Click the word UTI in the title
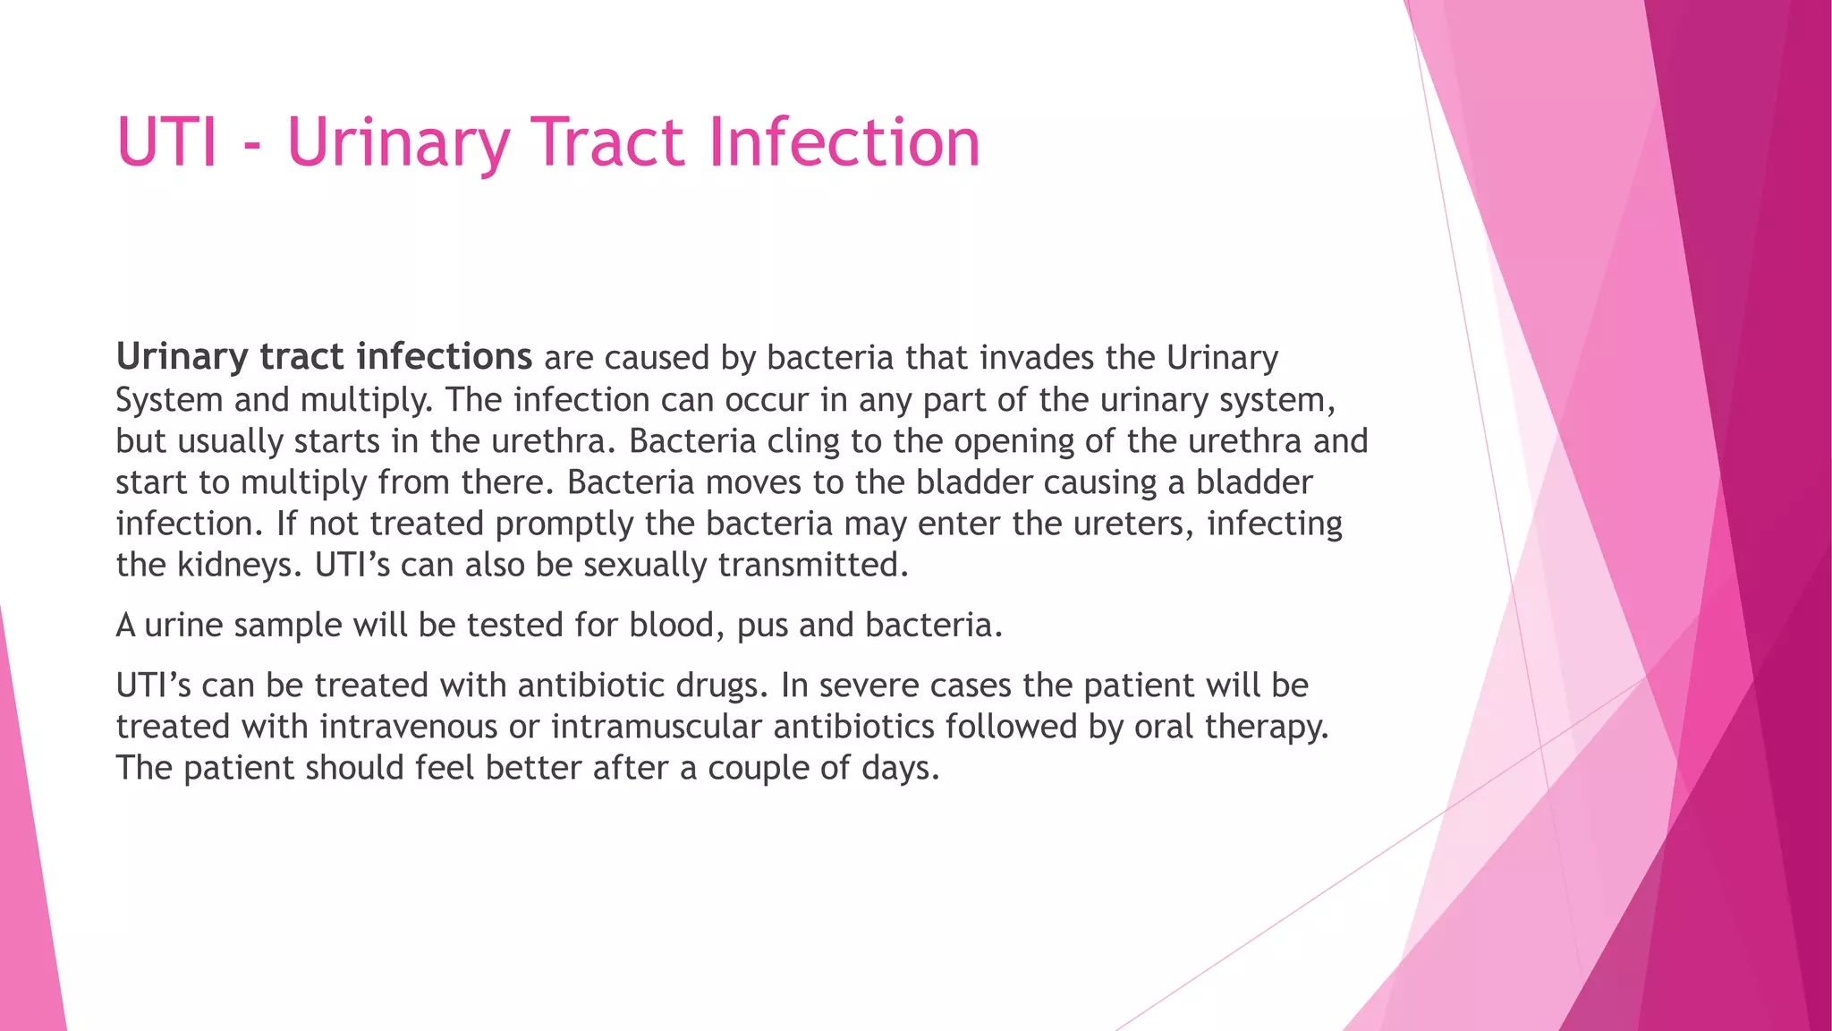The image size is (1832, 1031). pos(167,142)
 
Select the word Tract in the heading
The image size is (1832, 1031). pos(608,142)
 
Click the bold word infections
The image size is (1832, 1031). pos(445,357)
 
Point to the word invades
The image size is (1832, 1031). pos(1037,358)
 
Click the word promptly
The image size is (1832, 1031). pos(564,524)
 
